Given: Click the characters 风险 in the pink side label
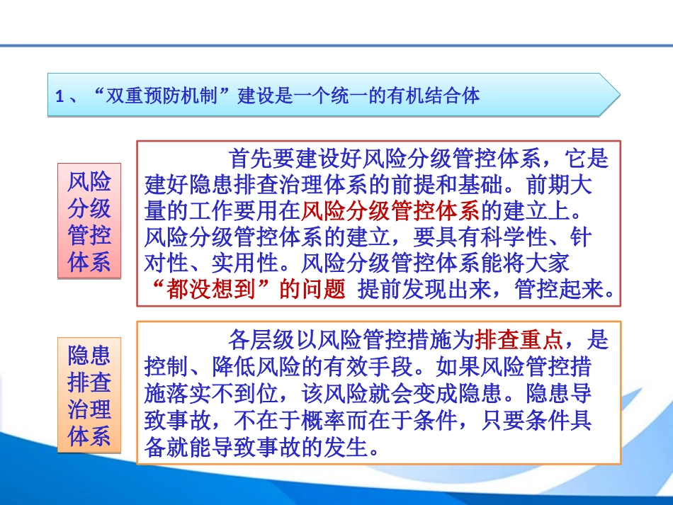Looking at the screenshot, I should tap(89, 182).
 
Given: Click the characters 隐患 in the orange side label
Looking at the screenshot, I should tap(89, 356).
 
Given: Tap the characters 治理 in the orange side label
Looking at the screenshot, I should tap(89, 409).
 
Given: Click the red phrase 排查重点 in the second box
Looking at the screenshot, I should tap(519, 341).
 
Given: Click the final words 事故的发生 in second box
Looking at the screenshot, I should tap(315, 448).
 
